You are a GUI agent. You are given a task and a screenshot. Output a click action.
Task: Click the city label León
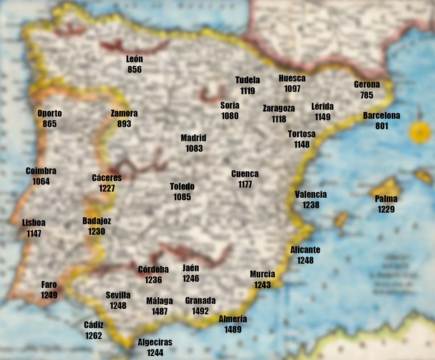(x=134, y=59)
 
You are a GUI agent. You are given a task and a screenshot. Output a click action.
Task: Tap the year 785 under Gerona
(x=367, y=95)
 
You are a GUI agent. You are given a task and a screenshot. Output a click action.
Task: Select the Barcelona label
(x=382, y=116)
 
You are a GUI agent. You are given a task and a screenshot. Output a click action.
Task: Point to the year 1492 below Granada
(x=200, y=311)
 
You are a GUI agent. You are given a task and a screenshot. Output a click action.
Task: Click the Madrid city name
(x=194, y=138)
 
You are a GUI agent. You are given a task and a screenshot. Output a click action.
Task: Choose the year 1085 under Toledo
(x=182, y=197)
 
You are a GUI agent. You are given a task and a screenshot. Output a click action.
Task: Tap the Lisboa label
(x=34, y=223)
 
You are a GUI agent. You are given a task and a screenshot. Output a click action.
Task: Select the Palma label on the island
(x=386, y=199)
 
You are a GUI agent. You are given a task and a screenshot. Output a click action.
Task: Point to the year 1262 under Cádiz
(x=94, y=336)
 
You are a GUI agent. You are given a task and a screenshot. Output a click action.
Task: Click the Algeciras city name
(x=155, y=342)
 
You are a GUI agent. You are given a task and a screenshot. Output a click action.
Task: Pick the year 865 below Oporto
(x=50, y=124)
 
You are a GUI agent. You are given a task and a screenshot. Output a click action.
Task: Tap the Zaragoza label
(x=279, y=108)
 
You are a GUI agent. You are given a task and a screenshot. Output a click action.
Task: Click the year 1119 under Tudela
(x=248, y=91)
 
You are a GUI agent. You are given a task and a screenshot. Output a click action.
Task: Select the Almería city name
(x=233, y=319)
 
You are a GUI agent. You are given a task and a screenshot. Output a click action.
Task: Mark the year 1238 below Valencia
(x=311, y=205)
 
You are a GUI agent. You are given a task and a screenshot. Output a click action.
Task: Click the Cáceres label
(x=107, y=178)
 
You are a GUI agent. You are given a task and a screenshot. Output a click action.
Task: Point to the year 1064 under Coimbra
(x=41, y=181)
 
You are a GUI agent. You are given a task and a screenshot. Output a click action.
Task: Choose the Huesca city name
(x=292, y=78)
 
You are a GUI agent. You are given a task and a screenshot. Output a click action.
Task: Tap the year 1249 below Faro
(x=49, y=295)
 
